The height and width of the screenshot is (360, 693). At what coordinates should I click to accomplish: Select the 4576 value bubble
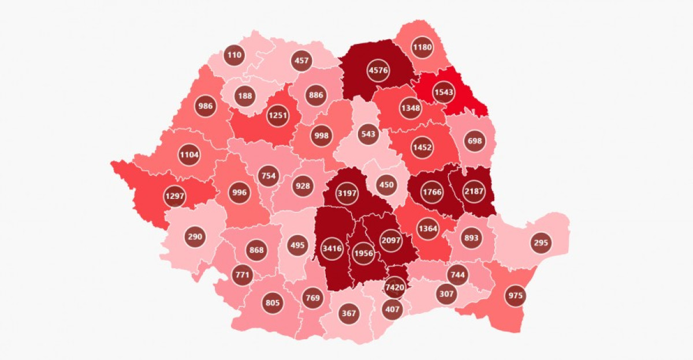378,70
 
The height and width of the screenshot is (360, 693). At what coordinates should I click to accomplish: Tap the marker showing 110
234,55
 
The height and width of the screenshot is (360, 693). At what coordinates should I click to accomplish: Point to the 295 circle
541,243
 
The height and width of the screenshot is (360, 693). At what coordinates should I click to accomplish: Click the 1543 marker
444,92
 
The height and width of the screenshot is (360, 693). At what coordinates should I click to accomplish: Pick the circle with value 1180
422,47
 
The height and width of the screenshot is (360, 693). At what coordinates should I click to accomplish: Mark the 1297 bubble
175,196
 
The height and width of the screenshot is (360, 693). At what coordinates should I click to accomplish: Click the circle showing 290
195,236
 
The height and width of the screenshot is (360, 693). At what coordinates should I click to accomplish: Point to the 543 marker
367,134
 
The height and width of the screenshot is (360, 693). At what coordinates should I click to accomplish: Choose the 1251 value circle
277,116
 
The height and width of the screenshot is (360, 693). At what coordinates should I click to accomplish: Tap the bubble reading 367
349,313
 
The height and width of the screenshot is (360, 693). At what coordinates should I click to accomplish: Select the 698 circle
475,140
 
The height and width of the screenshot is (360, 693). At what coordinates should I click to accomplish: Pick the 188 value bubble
245,96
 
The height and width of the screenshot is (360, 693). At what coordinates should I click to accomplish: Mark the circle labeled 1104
189,155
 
